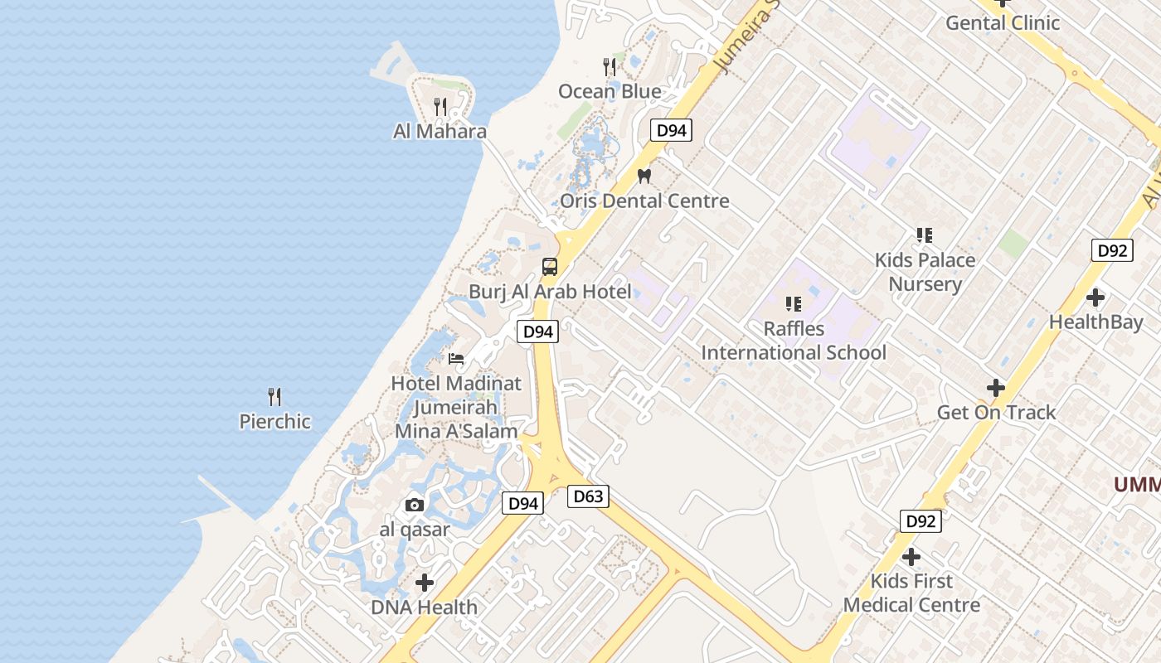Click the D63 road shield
[588, 496]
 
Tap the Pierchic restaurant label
[274, 421]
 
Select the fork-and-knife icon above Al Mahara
[440, 107]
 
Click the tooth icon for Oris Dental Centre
[644, 176]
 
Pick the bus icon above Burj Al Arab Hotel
[550, 267]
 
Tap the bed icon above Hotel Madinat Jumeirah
[456, 359]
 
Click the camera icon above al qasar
[415, 505]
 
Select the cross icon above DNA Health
[425, 583]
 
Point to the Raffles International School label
[794, 341]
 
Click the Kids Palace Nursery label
[925, 272]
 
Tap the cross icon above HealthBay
[1095, 297]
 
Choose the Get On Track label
[996, 412]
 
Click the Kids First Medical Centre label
[911, 593]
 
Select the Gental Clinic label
[1003, 22]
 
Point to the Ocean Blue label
[610, 91]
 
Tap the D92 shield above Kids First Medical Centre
[921, 521]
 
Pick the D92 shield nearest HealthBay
[1111, 250]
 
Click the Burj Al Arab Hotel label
[550, 291]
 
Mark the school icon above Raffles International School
[794, 304]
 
